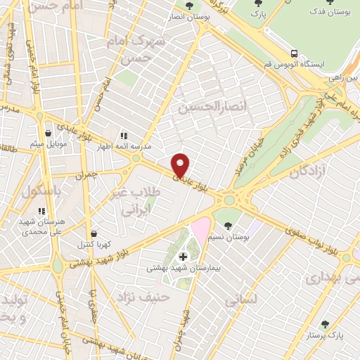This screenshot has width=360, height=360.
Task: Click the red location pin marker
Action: point(181,165)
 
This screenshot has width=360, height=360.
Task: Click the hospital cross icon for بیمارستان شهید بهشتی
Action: point(183,257)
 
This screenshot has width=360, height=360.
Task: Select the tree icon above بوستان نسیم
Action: point(228,226)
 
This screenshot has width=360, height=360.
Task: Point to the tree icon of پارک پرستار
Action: point(325,324)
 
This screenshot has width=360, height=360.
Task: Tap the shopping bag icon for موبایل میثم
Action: point(48,132)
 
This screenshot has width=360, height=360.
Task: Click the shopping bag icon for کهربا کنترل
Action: point(93,234)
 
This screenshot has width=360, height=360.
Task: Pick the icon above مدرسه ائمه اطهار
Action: point(123,136)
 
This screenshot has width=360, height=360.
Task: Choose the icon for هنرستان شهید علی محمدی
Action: point(41,210)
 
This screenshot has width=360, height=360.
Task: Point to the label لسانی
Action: point(241,300)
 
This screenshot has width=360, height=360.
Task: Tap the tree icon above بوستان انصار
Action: point(188,6)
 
